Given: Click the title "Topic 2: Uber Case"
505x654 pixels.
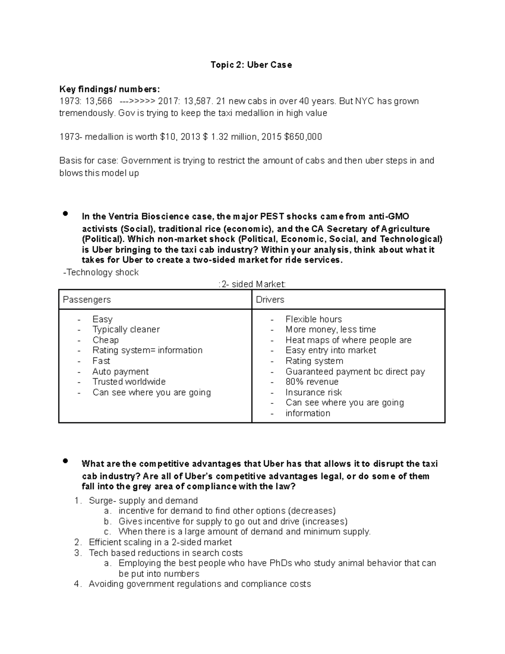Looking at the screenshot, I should (x=251, y=65).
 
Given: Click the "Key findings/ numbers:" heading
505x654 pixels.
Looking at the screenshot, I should (x=109, y=89).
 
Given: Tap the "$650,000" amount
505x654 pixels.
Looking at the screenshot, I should (x=303, y=137).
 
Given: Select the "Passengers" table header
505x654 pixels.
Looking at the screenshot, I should (x=87, y=299).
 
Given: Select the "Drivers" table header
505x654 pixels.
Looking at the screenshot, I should (x=270, y=299).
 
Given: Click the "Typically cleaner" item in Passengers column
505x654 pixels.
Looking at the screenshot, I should (x=126, y=329).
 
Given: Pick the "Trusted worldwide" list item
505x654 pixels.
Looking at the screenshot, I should (x=129, y=382).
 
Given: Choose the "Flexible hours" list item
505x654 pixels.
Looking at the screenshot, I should (x=314, y=319).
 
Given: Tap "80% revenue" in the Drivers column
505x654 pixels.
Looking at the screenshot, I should (x=312, y=382).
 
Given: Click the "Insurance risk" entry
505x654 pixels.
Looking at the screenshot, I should (x=314, y=392).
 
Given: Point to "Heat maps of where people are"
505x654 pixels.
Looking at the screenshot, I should (x=348, y=340).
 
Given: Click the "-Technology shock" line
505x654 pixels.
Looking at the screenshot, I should (x=101, y=272).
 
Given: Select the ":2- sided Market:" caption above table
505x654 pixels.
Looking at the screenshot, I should (x=252, y=284).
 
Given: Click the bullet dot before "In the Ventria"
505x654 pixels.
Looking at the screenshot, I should (x=65, y=214).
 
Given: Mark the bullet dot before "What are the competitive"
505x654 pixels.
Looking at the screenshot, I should (x=65, y=461).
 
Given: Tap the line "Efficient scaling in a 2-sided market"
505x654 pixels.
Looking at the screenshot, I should (x=160, y=542).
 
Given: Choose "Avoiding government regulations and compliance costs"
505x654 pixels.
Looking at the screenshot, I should (x=199, y=584).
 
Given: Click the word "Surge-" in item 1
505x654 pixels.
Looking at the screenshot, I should (x=102, y=500).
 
